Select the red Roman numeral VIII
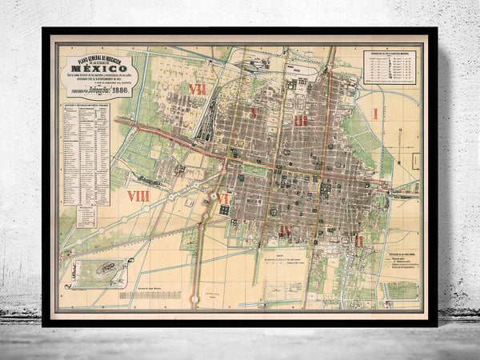coord(138,194)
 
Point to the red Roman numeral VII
coord(197,88)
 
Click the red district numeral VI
coord(222,198)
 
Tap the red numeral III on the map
coord(300,120)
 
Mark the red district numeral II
coord(358,239)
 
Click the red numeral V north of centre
coord(253,113)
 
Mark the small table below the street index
coord(88,214)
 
